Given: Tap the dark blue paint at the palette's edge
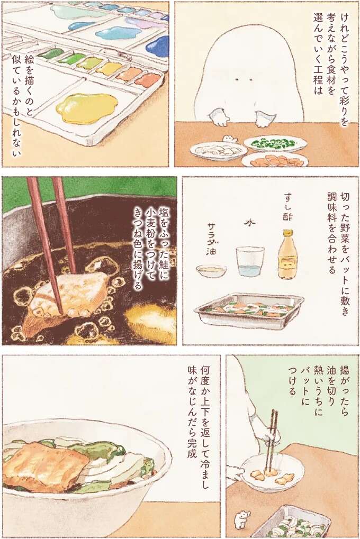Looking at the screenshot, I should click(x=158, y=47).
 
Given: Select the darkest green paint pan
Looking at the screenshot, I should click(x=51, y=54).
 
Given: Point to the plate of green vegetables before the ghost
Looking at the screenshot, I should click(x=275, y=143).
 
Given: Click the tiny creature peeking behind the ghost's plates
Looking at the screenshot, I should click(x=229, y=139).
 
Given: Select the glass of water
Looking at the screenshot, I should click(x=250, y=261).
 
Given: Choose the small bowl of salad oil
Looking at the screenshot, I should click(x=211, y=271).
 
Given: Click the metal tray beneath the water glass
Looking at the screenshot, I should click(x=248, y=312).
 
